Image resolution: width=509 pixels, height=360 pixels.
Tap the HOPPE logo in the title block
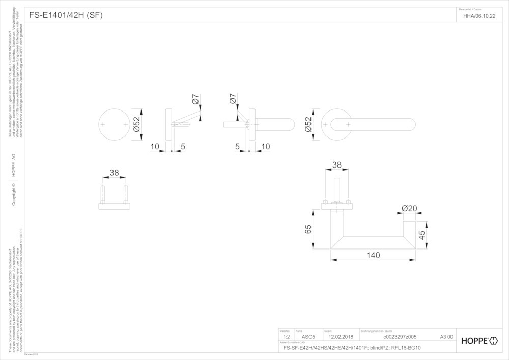(x=479, y=341)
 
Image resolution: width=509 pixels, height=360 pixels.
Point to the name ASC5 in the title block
(x=309, y=337)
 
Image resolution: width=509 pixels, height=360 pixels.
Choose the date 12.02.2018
(x=341, y=337)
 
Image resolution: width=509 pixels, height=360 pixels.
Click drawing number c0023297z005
(x=400, y=337)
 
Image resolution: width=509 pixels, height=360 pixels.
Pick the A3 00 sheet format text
(x=446, y=337)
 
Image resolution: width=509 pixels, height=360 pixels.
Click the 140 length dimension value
(x=373, y=255)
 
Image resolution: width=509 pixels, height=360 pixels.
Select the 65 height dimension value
(x=308, y=229)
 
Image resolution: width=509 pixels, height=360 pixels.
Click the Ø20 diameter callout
(x=409, y=208)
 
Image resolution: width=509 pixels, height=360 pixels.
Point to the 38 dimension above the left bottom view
(x=114, y=173)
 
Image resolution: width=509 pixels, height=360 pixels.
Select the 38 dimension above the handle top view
(x=337, y=165)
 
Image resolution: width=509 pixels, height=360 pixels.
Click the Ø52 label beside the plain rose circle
(x=136, y=124)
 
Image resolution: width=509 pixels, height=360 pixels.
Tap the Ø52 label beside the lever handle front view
(x=308, y=124)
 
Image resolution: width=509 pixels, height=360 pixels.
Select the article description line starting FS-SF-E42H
(x=352, y=348)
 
